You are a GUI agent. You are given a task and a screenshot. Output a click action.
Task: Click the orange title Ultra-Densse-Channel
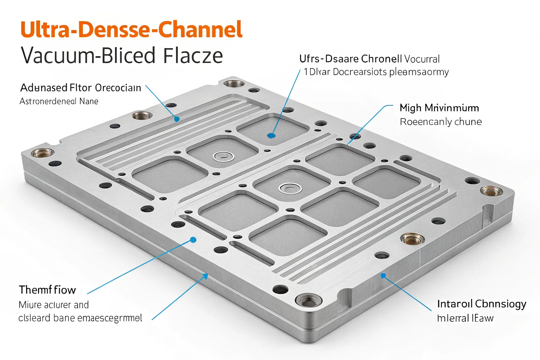pyautogui.click(x=131, y=30)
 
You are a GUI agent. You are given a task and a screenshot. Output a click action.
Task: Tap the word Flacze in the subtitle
pyautogui.click(x=193, y=56)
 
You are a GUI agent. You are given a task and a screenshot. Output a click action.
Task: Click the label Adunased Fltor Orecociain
pyautogui.click(x=81, y=88)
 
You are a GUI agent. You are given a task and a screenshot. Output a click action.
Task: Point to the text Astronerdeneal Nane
pyautogui.click(x=59, y=101)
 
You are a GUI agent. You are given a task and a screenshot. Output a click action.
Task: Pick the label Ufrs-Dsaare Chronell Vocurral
pyautogui.click(x=369, y=59)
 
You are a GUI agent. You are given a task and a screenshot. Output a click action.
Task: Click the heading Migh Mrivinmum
pyautogui.click(x=439, y=108)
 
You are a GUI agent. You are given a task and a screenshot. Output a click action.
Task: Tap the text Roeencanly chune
pyautogui.click(x=441, y=122)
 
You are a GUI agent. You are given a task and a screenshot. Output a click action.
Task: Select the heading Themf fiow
pyautogui.click(x=47, y=290)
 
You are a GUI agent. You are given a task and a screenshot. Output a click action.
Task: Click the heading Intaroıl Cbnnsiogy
pyautogui.click(x=481, y=303)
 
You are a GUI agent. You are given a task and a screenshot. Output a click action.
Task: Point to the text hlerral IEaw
pyautogui.click(x=465, y=318)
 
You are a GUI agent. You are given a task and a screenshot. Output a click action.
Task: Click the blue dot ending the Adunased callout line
pyautogui.click(x=177, y=119)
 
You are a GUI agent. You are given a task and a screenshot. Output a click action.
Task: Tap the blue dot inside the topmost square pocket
pyautogui.click(x=271, y=135)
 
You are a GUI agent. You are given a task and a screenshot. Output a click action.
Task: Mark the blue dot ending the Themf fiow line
pyautogui.click(x=193, y=240)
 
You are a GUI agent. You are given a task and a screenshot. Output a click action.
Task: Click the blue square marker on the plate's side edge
pyautogui.click(x=384, y=276)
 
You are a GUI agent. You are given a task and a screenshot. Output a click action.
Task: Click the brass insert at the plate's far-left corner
pyautogui.click(x=43, y=153)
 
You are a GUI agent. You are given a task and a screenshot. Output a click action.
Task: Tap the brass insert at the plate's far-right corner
pyautogui.click(x=491, y=191)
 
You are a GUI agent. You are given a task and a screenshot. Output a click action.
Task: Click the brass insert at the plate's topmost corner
pyautogui.click(x=234, y=84)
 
